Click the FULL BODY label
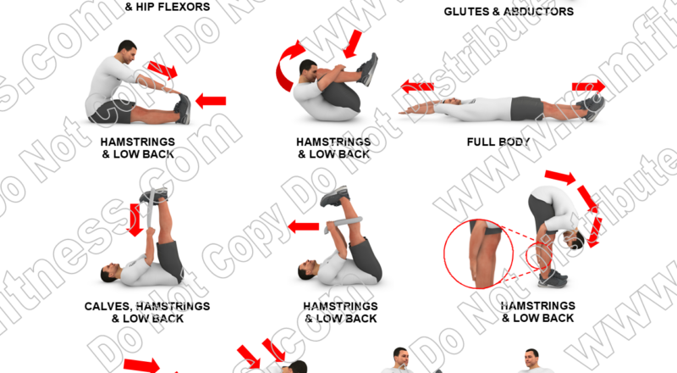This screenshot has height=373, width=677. point(498,142)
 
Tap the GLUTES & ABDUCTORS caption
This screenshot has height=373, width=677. point(509,11)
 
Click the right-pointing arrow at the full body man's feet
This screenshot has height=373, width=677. point(588,86)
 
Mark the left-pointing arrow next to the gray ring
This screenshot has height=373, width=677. point(302,226)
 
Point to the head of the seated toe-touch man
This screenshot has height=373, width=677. point(125,50)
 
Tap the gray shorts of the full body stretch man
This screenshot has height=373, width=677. point(528,108)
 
